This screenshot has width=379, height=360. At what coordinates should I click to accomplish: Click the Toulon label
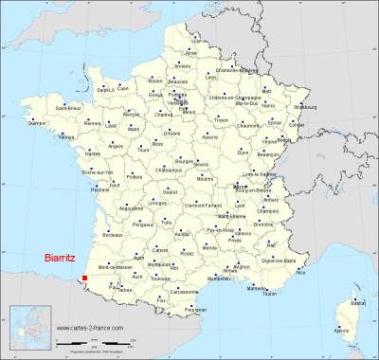click(271, 295)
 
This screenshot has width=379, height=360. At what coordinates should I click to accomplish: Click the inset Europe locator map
click(28, 328)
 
